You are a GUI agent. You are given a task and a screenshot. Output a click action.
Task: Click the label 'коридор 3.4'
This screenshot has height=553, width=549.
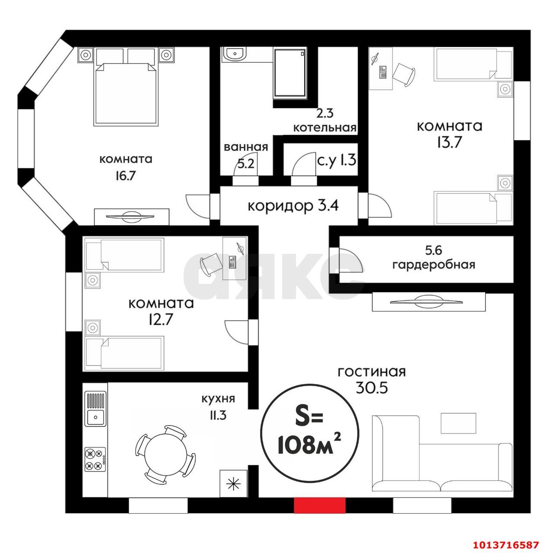pos(293,206)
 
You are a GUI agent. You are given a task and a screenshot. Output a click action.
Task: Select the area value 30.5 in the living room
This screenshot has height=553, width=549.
pos(371,388)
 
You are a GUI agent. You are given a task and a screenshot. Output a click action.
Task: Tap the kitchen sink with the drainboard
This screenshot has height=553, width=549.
pos(95,409)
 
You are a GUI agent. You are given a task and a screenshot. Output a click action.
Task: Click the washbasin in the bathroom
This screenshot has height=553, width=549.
pos(235,54)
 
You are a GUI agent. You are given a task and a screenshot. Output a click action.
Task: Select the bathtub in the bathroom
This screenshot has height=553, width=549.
pos(289,73)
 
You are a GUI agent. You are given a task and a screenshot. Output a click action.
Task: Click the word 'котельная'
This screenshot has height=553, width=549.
pos(324,128)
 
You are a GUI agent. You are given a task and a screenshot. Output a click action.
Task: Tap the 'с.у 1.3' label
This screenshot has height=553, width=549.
pos(336,160)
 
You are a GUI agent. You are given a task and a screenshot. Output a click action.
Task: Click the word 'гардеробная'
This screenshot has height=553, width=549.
pos(433,264)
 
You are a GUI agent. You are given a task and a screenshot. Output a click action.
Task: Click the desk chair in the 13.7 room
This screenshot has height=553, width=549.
pos(403,74)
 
